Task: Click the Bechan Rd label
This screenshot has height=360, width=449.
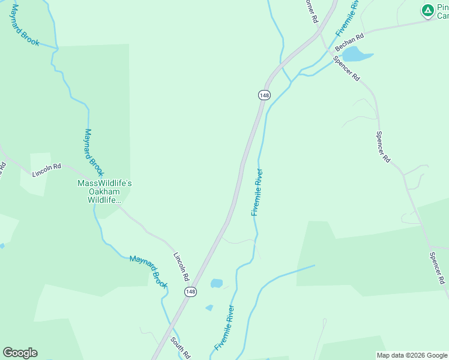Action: [x=349, y=42]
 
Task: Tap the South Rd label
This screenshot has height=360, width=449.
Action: [x=180, y=347]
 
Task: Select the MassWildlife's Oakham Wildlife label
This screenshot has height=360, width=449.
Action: [x=101, y=191]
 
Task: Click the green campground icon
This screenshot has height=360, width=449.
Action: [x=427, y=10]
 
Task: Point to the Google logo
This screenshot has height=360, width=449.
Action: [x=20, y=353]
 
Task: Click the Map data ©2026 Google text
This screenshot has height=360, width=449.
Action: [x=412, y=355]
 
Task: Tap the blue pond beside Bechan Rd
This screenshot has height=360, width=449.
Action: [x=357, y=55]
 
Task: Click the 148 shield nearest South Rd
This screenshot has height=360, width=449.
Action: [x=190, y=292]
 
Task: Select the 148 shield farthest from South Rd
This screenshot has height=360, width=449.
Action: [x=265, y=95]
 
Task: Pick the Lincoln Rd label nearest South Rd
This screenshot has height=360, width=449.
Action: [x=181, y=267]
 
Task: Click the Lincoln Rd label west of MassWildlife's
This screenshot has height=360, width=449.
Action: [x=47, y=169]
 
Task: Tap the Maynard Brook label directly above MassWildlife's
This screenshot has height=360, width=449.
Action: [x=92, y=148]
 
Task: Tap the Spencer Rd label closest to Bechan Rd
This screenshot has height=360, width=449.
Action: [x=348, y=69]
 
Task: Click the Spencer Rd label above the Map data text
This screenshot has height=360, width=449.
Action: [x=437, y=268]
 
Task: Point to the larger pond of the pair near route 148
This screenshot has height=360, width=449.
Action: [x=217, y=283]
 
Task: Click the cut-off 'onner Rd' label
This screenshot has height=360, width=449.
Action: [x=310, y=11]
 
